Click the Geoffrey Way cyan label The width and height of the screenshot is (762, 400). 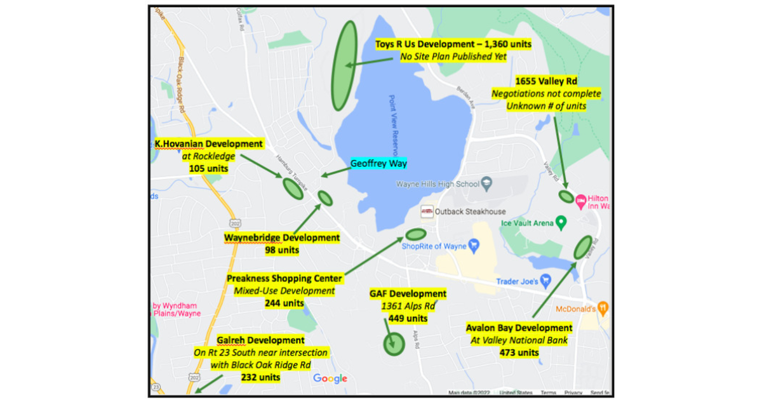pos(378,163)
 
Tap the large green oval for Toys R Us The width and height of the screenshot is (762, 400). pos(345,65)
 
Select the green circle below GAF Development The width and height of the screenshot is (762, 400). pos(394,345)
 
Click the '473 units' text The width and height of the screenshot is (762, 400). pos(519,352)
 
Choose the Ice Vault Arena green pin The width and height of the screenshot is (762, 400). pos(561,222)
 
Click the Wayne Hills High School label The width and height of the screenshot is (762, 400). pos(438,185)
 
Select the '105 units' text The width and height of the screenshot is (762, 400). pos(208,169)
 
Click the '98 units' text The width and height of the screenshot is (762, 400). pos(281,250)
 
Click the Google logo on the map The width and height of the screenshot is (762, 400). pos(330,379)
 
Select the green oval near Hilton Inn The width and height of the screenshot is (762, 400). pos(566,196)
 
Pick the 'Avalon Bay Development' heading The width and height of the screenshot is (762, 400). pos(519,328)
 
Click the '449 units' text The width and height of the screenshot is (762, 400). pos(408,318)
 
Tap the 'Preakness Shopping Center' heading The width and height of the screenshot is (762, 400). pos(284,278)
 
